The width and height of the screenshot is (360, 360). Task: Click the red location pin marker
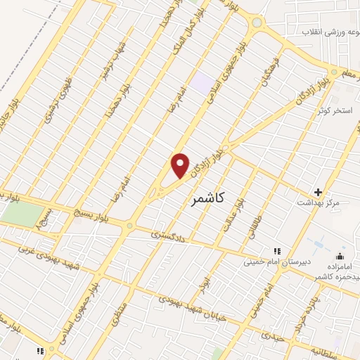coord(181,166)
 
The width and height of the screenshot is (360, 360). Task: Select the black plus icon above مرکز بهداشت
coord(318,192)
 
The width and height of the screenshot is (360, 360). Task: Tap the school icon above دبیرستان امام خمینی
coord(276,251)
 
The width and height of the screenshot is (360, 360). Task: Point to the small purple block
coord(203,82)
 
